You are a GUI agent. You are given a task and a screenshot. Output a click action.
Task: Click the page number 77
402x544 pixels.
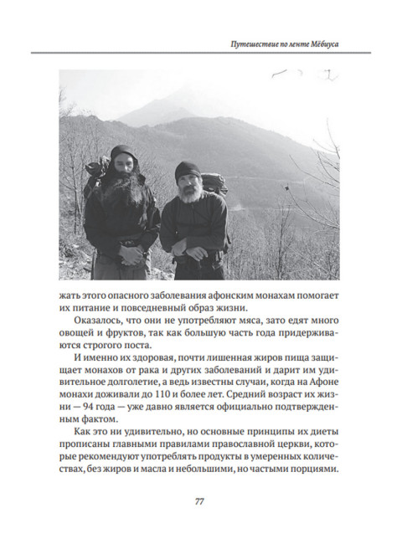[200, 501]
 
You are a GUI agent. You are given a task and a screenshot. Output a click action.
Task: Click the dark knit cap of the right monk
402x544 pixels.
[188, 170]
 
